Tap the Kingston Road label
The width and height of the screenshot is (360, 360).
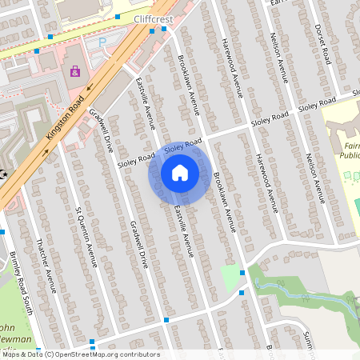(x=66, y=115)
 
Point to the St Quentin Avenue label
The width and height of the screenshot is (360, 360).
(x=86, y=235)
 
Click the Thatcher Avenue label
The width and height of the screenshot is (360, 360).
(x=47, y=264)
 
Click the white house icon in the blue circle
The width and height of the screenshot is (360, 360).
(x=179, y=172)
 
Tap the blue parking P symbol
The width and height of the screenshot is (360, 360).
(x=102, y=41)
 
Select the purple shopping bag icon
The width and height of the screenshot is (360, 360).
(x=75, y=71)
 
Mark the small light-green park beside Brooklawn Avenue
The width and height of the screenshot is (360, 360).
(x=230, y=276)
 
